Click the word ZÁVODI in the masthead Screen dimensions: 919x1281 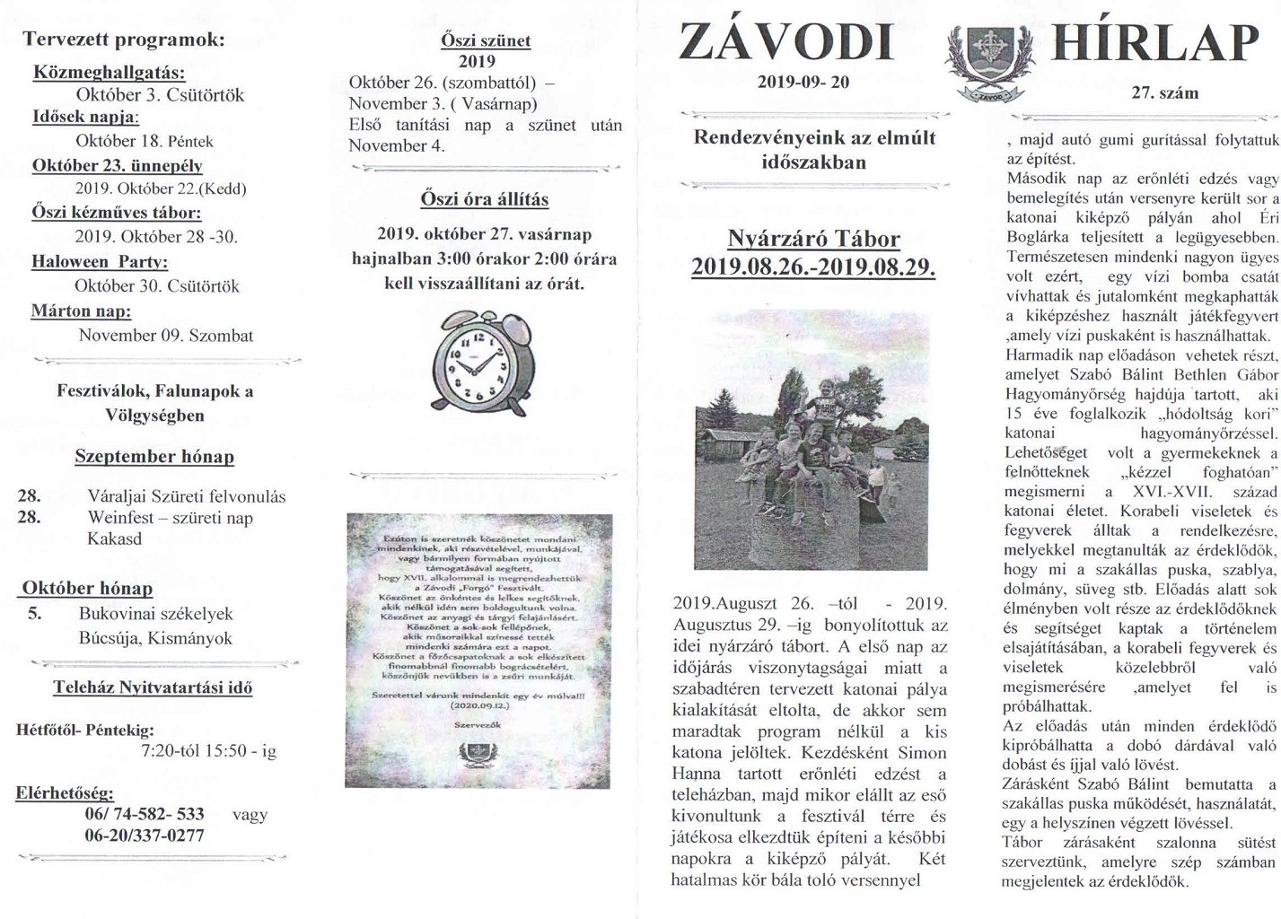(786, 43)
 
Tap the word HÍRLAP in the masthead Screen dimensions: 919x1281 (1155, 44)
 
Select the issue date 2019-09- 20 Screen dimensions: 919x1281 (803, 83)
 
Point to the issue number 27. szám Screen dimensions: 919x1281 (1164, 93)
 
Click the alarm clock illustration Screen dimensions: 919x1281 (483, 362)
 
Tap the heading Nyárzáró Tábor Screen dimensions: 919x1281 (813, 240)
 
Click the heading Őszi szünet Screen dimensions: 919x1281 (485, 40)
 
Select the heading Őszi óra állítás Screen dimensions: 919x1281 (484, 199)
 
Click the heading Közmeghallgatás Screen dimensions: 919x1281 (110, 73)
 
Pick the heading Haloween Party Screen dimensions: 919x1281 (100, 262)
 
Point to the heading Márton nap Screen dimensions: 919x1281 (81, 311)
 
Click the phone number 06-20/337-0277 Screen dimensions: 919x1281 (145, 836)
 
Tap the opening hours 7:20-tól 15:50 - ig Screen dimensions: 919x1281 (208, 751)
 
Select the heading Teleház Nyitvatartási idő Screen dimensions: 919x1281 (153, 688)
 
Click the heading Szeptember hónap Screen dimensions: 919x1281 (154, 457)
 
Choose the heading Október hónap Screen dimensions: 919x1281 (87, 589)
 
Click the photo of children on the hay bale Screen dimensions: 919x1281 (812, 440)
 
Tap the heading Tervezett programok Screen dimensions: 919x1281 (124, 39)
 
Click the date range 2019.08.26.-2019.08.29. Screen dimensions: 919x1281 (813, 267)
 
